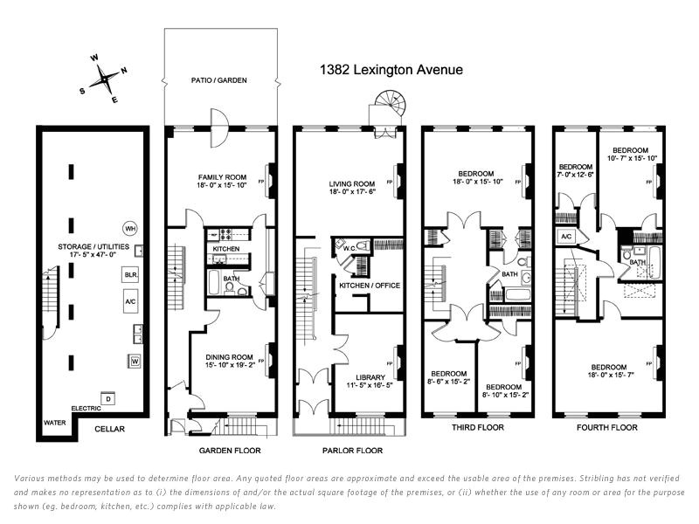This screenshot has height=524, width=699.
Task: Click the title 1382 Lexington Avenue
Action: pos(391,70)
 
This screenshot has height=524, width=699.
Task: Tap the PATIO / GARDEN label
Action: pos(219,79)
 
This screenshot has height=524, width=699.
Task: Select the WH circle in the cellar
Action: pos(130,228)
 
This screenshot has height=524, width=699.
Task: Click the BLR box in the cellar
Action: pos(130,274)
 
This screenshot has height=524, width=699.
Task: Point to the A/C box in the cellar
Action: pos(130,298)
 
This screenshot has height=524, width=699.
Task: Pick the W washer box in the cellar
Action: pos(135,360)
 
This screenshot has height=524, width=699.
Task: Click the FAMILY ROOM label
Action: pos(221,176)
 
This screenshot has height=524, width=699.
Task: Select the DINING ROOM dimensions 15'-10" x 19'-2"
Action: pos(229,366)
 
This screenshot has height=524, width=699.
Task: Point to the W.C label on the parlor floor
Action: pos(348,246)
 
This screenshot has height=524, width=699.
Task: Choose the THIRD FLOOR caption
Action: pos(475,428)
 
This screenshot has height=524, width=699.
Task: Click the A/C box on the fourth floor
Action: pos(565,237)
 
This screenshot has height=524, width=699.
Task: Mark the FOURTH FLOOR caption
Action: pos(607,428)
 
